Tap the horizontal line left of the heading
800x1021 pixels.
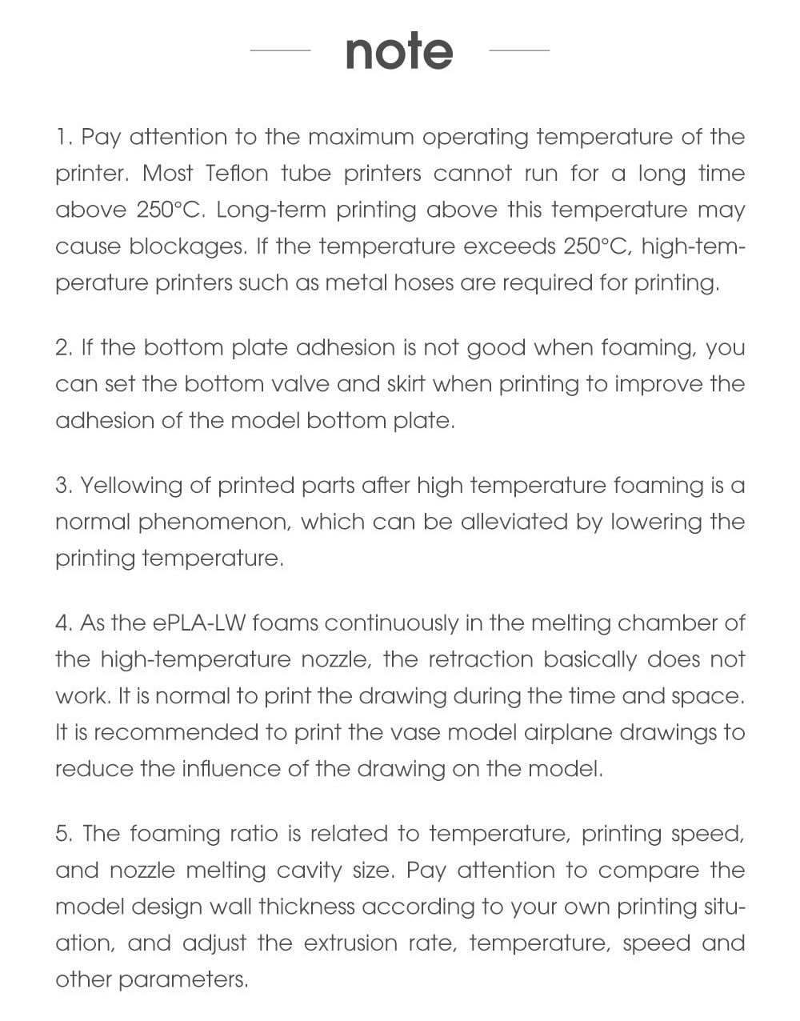click(280, 50)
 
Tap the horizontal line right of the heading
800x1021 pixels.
click(518, 50)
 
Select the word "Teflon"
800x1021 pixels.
click(235, 174)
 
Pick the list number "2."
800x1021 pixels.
click(64, 348)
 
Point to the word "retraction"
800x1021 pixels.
click(480, 659)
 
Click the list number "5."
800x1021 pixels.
click(65, 834)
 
